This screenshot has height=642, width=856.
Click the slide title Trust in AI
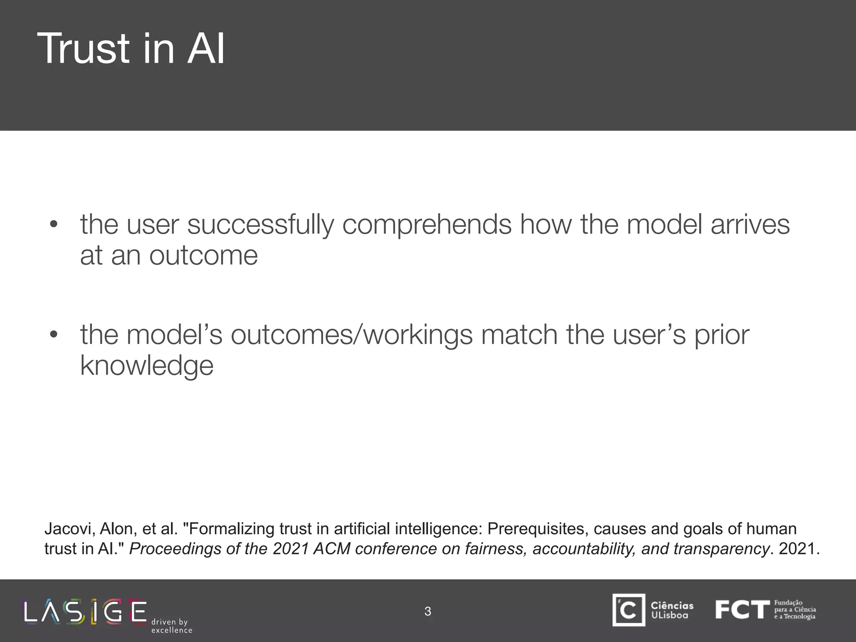131,49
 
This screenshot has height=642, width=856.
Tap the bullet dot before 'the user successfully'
53,224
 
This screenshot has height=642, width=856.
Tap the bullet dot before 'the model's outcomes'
53,334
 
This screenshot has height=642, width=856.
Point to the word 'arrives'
750,224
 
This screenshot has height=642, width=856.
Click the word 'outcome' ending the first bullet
204,256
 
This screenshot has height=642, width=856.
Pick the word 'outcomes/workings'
352,335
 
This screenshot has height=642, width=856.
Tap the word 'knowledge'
147,366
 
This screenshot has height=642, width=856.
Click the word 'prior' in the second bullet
722,335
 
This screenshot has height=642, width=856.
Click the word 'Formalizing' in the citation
232,529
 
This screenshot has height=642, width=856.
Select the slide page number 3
428,611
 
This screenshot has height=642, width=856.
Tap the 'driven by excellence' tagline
171,626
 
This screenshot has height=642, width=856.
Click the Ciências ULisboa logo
652,610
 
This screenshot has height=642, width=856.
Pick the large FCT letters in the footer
742,610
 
